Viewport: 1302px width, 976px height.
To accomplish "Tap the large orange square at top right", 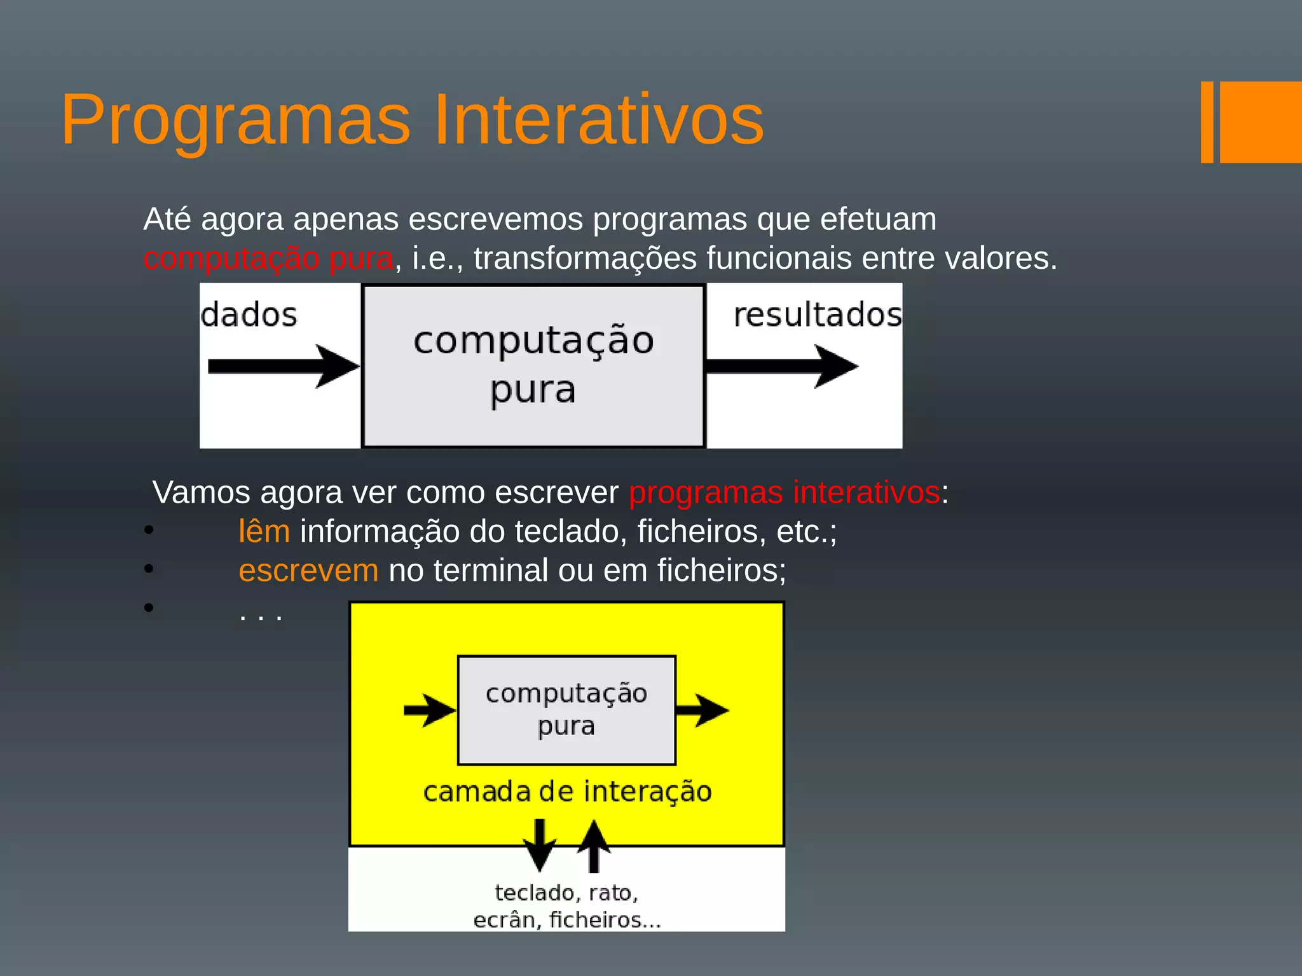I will [1260, 122].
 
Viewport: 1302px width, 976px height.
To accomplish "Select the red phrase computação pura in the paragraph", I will [268, 259].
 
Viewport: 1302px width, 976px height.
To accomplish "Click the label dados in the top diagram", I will [249, 315].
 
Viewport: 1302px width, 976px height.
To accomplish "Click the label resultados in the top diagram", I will [818, 315].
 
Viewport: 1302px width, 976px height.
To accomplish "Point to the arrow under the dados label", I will [283, 366].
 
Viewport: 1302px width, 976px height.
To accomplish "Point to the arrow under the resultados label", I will [782, 366].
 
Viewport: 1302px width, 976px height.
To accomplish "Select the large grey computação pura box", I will [533, 366].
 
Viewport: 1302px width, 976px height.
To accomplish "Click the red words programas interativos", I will [785, 492].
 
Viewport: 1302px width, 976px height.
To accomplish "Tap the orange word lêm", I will [264, 531].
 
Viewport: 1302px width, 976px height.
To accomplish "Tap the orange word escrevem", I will [308, 571].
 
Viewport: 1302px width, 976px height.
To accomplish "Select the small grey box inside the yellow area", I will [566, 710].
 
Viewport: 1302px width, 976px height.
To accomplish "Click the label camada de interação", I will [567, 792].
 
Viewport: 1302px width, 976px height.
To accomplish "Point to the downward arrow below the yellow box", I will [539, 845].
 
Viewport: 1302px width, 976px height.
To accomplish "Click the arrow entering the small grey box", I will [430, 710].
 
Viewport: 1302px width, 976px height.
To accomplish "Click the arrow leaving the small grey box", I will [702, 710].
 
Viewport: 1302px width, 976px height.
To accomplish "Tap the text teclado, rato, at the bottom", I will [566, 893].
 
